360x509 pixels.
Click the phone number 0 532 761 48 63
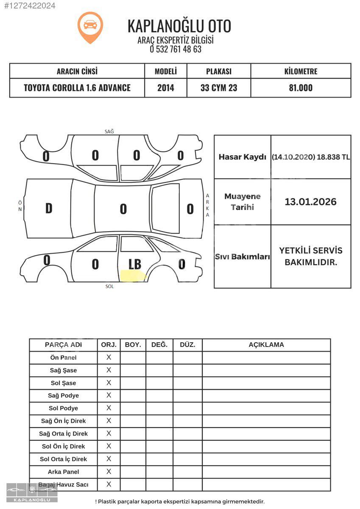pyautogui.click(x=176, y=49)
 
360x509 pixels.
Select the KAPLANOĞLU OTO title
pyautogui.click(x=179, y=26)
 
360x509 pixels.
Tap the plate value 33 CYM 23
pyautogui.click(x=219, y=88)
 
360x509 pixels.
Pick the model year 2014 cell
pyautogui.click(x=166, y=88)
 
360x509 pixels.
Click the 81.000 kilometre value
pyautogui.click(x=301, y=88)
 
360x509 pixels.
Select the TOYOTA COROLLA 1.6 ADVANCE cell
pyautogui.click(x=77, y=88)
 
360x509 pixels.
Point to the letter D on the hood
pyautogui.click(x=49, y=208)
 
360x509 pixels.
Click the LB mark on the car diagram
pyautogui.click(x=134, y=264)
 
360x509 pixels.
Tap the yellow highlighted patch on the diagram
pyautogui.click(x=133, y=276)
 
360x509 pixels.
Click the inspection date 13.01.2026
pyautogui.click(x=310, y=202)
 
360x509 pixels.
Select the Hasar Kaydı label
pyautogui.click(x=242, y=157)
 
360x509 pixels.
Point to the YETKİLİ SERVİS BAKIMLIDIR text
pyautogui.click(x=310, y=256)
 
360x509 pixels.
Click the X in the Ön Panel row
pyautogui.click(x=109, y=358)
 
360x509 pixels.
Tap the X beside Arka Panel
pyautogui.click(x=109, y=472)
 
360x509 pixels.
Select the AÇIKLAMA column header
pyautogui.click(x=266, y=345)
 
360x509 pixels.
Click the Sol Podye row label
pyautogui.click(x=64, y=408)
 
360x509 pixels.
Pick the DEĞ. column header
pyautogui.click(x=159, y=345)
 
